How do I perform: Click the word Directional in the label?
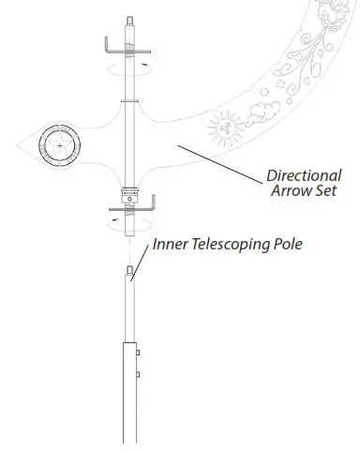[x=301, y=174]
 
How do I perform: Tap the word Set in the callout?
[x=322, y=192]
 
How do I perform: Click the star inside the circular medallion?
[x=61, y=147]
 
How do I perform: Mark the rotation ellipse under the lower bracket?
[x=127, y=223]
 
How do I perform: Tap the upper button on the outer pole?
[x=139, y=353]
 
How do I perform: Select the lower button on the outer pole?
[x=139, y=374]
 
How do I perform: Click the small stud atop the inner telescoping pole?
[x=127, y=270]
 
